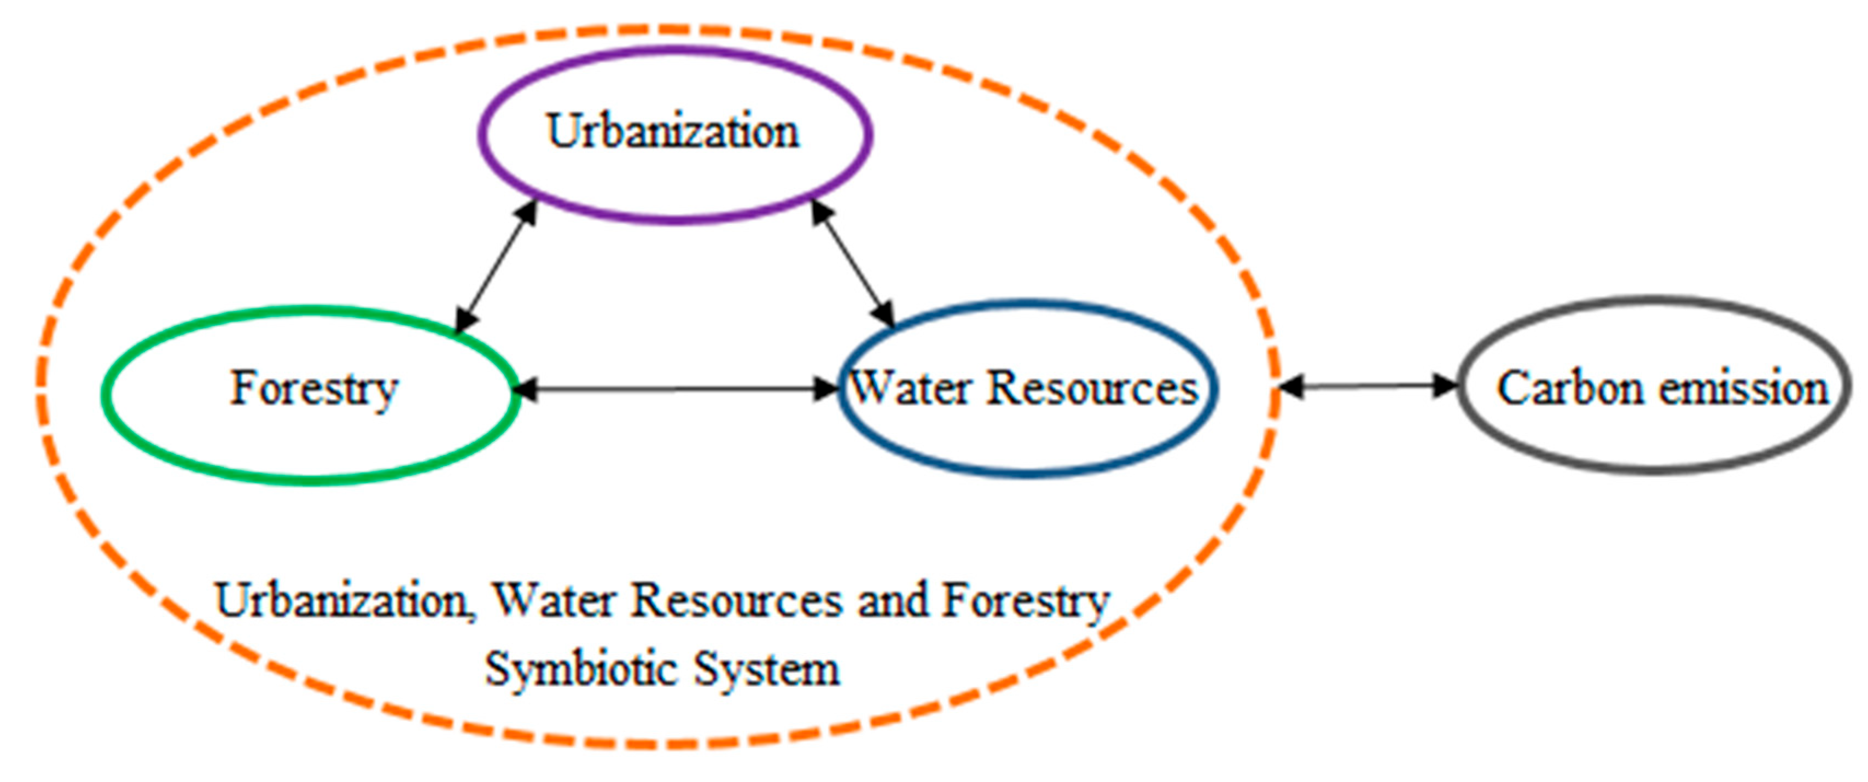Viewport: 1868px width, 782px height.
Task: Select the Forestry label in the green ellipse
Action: (x=314, y=389)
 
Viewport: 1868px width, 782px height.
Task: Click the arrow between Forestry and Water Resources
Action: (x=674, y=390)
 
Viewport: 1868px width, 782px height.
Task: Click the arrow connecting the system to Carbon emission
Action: (x=1367, y=386)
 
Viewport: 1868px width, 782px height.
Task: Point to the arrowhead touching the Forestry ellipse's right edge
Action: (x=525, y=390)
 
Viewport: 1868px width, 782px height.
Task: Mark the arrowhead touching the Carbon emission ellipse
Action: (x=1445, y=386)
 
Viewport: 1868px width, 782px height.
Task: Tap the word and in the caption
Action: (x=893, y=602)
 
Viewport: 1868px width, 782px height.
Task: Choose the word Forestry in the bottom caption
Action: (x=1026, y=602)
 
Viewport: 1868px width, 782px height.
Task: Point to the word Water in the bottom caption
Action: (x=554, y=602)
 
